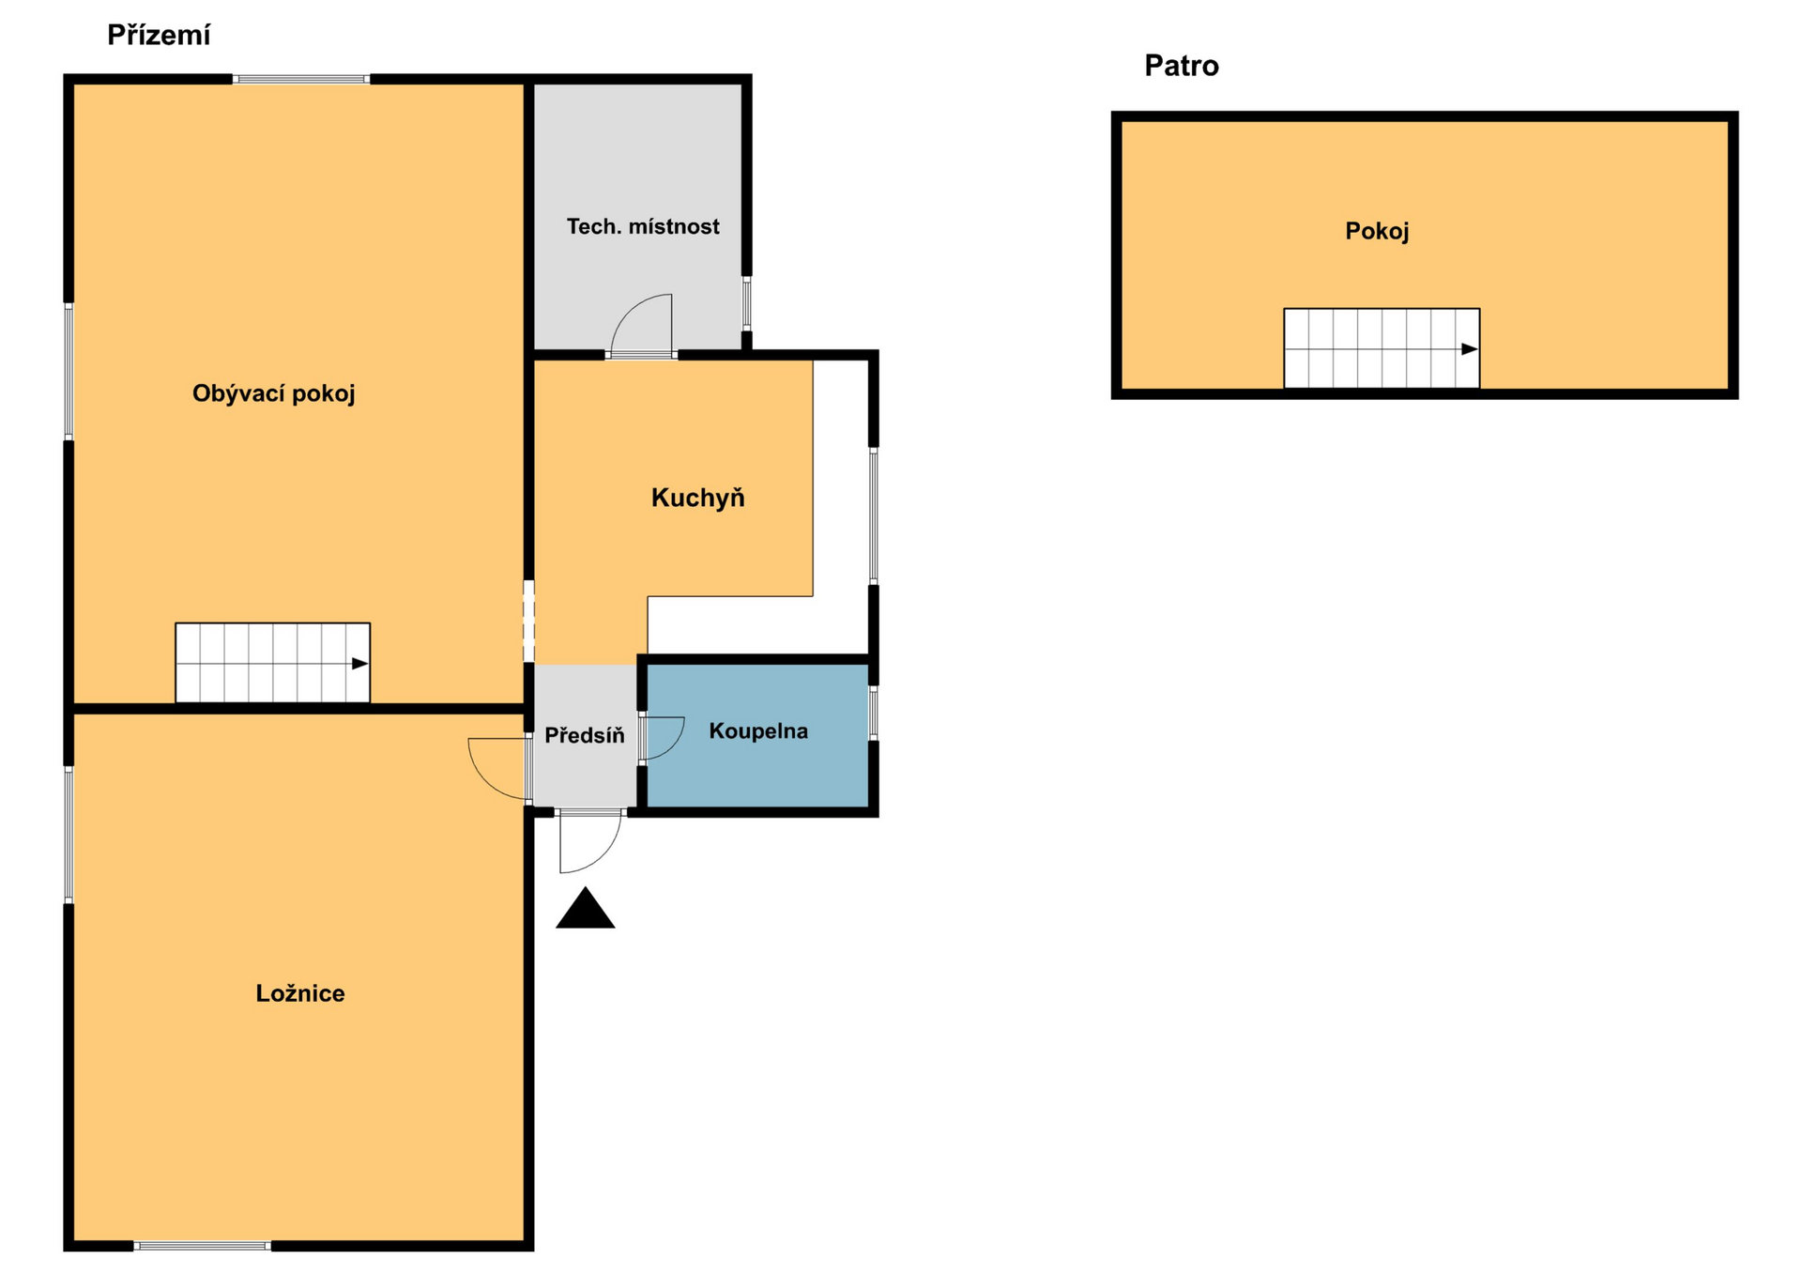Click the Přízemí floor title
tap(159, 35)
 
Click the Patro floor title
tap(1182, 66)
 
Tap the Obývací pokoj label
tap(273, 393)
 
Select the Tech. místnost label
tap(643, 226)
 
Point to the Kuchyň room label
tap(697, 497)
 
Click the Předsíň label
tap(584, 734)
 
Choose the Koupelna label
tap(758, 731)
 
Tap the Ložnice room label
tap(300, 993)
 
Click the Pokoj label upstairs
tap(1377, 231)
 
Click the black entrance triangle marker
tap(585, 909)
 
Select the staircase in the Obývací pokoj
tap(272, 662)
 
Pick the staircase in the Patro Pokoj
tap(1382, 347)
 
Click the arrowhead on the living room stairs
tap(360, 664)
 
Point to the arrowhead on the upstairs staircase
tap(1470, 349)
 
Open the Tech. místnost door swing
tap(641, 324)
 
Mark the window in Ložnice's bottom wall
tap(202, 1246)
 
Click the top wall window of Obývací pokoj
tap(301, 80)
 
